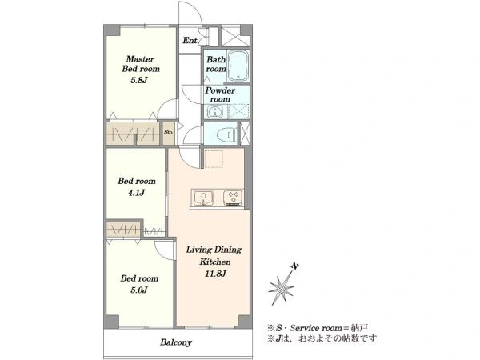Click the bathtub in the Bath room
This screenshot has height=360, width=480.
click(x=238, y=66)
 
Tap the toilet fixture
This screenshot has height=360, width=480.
click(x=226, y=134)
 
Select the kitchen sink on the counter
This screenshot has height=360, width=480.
click(x=202, y=198)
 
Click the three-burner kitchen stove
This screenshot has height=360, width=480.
click(x=233, y=198)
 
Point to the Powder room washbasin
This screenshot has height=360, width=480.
click(x=215, y=111)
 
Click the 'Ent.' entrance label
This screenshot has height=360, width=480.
click(x=190, y=40)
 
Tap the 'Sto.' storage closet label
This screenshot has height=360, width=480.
click(x=168, y=133)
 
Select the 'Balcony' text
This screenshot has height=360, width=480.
click(x=176, y=342)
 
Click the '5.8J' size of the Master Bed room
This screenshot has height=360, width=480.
click(x=139, y=80)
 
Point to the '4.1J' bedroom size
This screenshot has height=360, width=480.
click(x=137, y=193)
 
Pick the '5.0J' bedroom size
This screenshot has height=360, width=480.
click(x=139, y=290)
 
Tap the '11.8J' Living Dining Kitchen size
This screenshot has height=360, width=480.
click(x=215, y=274)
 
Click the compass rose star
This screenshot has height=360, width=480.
click(x=282, y=288)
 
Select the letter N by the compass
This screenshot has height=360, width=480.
click(x=294, y=266)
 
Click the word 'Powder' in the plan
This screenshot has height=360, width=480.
click(x=220, y=90)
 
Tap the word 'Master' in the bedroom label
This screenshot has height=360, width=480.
click(x=140, y=58)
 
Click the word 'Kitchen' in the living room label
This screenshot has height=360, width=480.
click(x=215, y=262)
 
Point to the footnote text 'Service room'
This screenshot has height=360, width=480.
click(x=316, y=329)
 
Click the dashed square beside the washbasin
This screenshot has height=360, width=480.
click(x=238, y=111)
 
